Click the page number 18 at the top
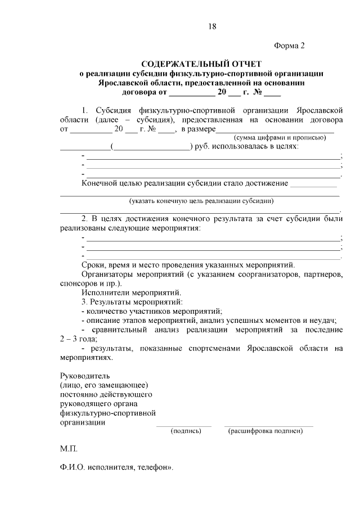pyautogui.click(x=211, y=26)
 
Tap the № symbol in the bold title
pyautogui.click(x=258, y=92)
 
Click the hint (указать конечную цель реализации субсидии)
pyautogui.click(x=201, y=200)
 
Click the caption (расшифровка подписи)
pyautogui.click(x=265, y=431)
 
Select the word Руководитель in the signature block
pyautogui.click(x=85, y=375)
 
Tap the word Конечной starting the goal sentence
pyautogui.click(x=100, y=183)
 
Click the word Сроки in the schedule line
pyautogui.click(x=93, y=264)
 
